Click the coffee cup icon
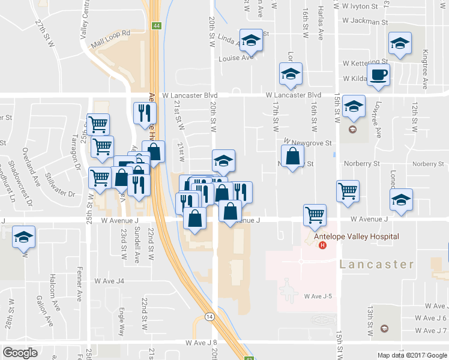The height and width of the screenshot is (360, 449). click(x=378, y=75)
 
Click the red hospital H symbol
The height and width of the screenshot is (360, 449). click(x=323, y=245)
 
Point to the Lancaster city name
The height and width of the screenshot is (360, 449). click(x=377, y=264)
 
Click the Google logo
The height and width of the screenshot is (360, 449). click(x=20, y=353)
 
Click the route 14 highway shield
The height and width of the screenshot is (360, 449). click(x=209, y=317)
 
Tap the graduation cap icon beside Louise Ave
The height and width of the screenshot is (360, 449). click(x=252, y=41)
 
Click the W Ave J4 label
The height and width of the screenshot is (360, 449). click(x=109, y=281)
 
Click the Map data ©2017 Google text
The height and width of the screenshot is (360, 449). click(x=412, y=355)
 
